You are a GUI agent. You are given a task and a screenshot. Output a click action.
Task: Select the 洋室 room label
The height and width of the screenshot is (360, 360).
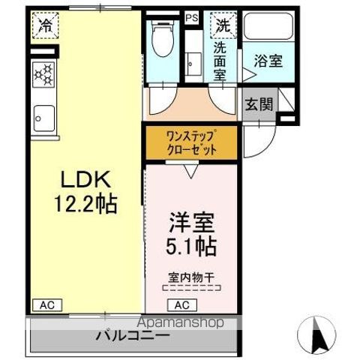[193, 223]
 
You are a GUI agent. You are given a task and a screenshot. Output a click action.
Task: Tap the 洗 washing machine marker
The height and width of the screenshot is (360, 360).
[223, 24]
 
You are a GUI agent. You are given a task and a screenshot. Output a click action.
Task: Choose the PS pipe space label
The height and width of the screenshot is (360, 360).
[191, 17]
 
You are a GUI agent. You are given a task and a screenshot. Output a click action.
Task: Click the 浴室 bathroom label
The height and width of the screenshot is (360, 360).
[268, 61]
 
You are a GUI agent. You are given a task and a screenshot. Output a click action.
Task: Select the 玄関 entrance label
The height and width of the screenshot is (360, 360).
[259, 104]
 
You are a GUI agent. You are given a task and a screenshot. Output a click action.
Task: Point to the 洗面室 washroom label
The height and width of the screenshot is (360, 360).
[220, 60]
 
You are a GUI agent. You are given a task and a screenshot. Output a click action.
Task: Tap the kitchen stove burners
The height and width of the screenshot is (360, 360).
[43, 73]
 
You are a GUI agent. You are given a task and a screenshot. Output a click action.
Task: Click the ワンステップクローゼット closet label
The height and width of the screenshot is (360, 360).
[191, 142]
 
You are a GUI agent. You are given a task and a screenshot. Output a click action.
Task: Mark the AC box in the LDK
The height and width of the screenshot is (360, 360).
[45, 305]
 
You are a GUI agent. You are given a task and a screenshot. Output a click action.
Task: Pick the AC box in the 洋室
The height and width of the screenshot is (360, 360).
[182, 305]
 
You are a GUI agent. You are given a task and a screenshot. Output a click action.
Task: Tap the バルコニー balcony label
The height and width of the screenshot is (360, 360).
[132, 336]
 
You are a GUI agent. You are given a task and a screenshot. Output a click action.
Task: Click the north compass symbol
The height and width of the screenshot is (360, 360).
[319, 333]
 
